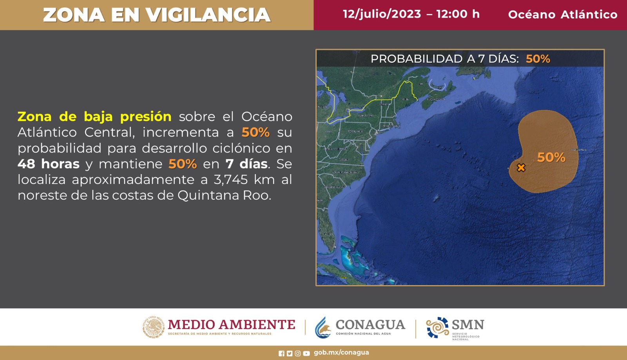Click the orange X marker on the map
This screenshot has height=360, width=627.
coord(521,168)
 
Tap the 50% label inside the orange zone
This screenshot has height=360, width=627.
coord(551,157)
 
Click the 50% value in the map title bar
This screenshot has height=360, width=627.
coord(538,59)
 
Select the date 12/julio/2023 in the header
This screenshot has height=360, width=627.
coord(382,14)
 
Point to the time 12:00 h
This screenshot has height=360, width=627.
coord(458,14)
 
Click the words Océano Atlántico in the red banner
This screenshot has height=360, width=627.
coord(562,15)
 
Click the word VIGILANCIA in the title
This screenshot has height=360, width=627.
coord(208,15)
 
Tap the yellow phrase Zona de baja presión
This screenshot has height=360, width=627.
coord(94,116)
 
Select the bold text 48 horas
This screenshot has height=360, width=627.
coord(49,164)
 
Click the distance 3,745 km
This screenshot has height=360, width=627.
coord(244,180)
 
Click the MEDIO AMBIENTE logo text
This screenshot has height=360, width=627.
coord(231,325)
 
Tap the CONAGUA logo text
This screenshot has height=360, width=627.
coord(370,325)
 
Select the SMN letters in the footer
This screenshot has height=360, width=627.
coord(468,325)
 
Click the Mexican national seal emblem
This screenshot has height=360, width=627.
coord(153,327)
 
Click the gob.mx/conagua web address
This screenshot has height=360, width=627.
coord(341,353)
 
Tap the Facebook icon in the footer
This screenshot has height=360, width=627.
coord(281,353)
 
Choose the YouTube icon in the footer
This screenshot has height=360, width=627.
coord(306,353)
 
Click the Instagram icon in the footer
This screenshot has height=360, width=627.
coord(298,353)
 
